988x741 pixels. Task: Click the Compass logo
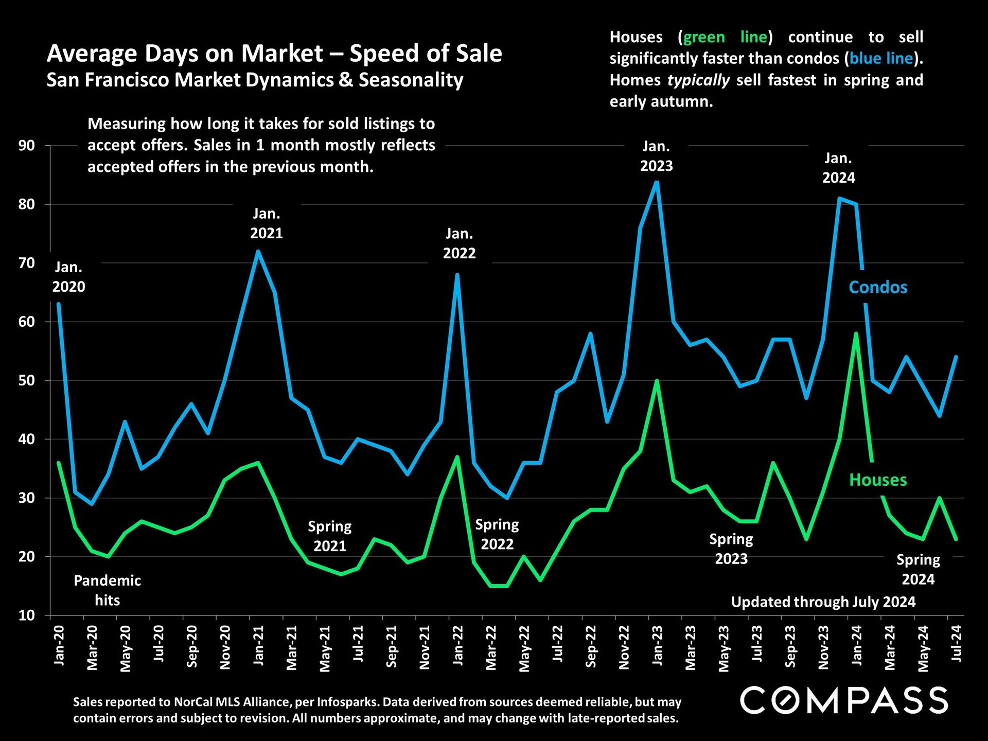[844, 700]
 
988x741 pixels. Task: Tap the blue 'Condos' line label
[878, 287]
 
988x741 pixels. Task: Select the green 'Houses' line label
[878, 480]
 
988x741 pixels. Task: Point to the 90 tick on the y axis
[27, 146]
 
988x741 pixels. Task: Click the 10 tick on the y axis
[27, 615]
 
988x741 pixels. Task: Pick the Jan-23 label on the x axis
[657, 645]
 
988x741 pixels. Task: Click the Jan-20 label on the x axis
[59, 645]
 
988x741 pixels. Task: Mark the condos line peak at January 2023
[657, 182]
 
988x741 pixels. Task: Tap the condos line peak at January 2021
[258, 251]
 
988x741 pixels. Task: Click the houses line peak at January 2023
[657, 381]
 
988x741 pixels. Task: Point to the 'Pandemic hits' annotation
[107, 590]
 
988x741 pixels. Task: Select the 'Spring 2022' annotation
[497, 534]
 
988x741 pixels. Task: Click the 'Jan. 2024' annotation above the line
[838, 168]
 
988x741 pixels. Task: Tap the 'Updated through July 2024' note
[823, 602]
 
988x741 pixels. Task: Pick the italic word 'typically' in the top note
[698, 80]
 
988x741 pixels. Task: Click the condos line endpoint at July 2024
[956, 357]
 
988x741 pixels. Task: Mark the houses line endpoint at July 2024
[956, 539]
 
